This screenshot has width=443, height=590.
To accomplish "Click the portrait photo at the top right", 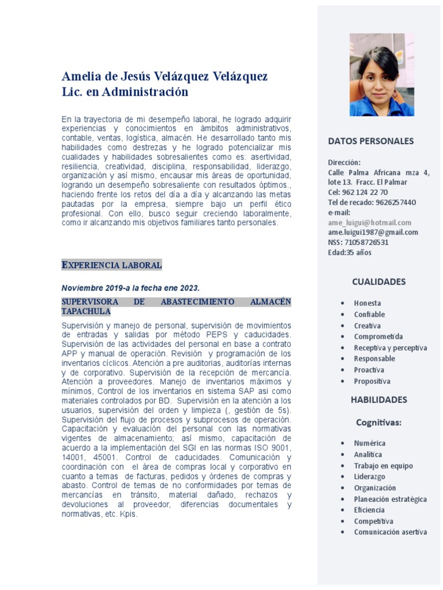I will (381, 75).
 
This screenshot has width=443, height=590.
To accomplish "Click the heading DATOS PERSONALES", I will (371, 141).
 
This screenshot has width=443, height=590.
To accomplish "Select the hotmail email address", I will (370, 222).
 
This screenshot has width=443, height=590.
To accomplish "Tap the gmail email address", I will (373, 232).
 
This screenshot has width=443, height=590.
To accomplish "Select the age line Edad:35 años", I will (350, 252).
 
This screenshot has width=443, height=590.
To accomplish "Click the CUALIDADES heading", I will (379, 282).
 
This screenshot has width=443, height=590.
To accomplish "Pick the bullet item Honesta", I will (367, 303).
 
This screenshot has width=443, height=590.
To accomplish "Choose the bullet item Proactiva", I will (369, 370).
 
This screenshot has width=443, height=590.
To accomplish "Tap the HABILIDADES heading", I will (379, 400).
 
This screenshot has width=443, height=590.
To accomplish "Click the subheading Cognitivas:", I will (379, 423).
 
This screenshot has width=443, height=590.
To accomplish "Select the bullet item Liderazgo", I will (370, 476).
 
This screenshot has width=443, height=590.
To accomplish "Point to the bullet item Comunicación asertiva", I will (391, 532).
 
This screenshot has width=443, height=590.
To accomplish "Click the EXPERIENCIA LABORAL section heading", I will (112, 266).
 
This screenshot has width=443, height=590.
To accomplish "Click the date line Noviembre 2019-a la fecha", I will (130, 288).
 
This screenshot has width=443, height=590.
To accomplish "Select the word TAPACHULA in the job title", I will (86, 312).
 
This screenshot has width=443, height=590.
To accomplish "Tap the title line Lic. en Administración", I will (125, 92).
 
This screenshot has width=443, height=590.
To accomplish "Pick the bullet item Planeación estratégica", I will (391, 499).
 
